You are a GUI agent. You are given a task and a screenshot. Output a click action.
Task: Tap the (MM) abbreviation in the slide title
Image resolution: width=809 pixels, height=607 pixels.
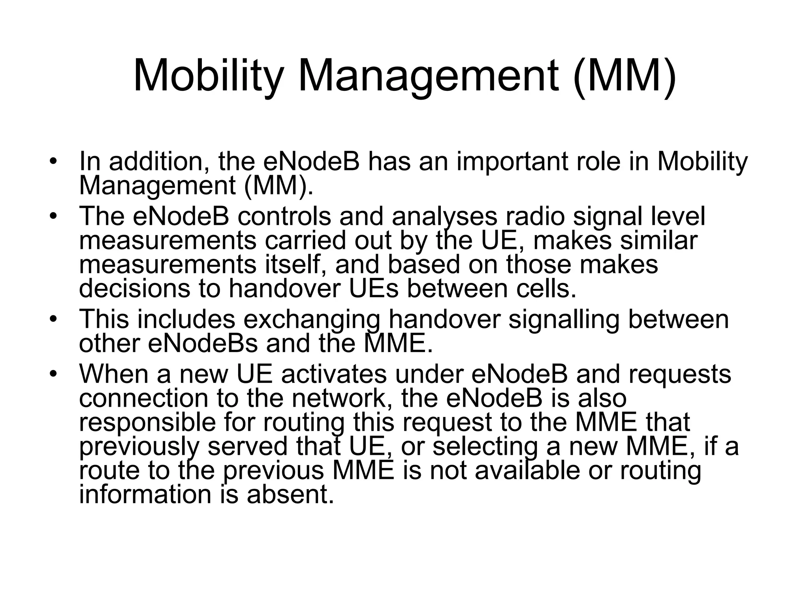tap(625, 76)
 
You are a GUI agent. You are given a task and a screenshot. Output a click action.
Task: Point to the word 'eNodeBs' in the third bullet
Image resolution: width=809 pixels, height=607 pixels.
tap(203, 343)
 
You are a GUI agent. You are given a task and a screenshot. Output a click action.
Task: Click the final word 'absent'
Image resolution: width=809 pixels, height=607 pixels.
tap(290, 494)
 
